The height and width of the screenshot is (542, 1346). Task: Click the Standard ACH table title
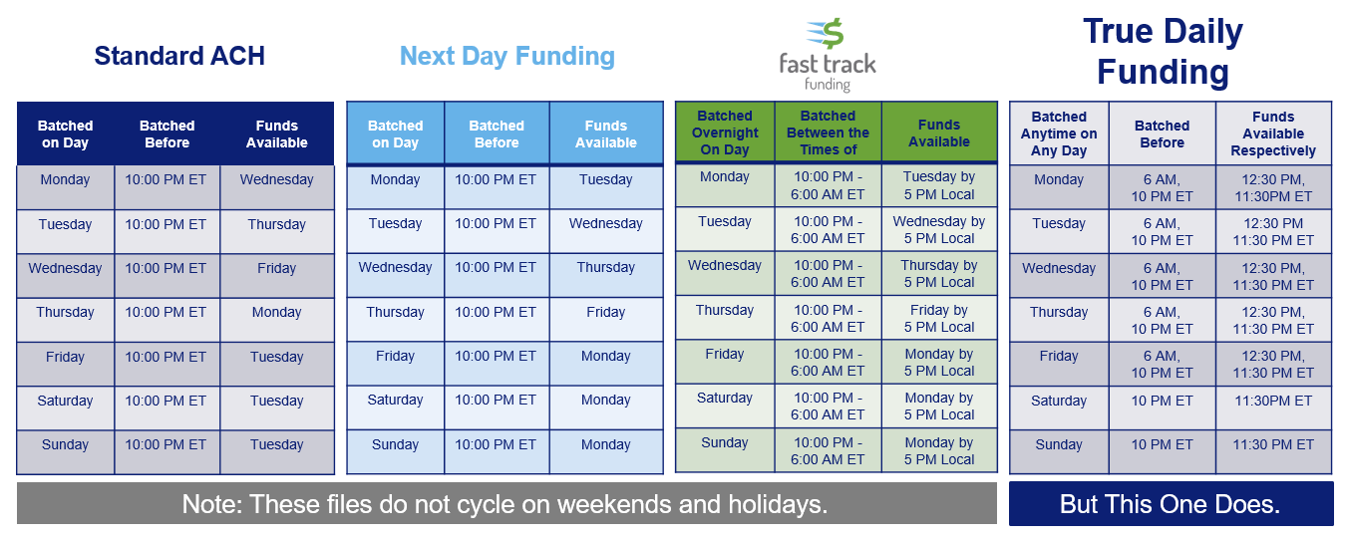[179, 56]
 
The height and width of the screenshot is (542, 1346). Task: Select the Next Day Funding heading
[507, 57]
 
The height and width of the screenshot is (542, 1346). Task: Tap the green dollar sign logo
[826, 33]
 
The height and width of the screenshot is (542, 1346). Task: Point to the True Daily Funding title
[1163, 52]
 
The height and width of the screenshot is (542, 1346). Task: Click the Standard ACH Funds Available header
[276, 134]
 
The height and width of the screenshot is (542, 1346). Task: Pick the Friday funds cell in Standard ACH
[276, 268]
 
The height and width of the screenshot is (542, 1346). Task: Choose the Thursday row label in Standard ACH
[65, 312]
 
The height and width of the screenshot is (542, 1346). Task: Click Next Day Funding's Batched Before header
[497, 134]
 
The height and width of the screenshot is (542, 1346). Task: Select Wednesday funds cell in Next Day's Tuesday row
[606, 223]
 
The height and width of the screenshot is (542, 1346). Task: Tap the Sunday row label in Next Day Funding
[395, 444]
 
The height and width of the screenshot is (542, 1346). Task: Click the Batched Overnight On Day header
[725, 133]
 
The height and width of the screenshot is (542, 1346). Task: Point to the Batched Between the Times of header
[828, 133]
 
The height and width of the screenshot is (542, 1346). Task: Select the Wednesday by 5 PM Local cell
[939, 230]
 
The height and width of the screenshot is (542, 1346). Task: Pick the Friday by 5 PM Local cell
[939, 319]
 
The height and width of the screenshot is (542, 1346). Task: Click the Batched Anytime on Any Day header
[1059, 134]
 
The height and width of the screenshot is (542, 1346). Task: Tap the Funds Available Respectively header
[1273, 134]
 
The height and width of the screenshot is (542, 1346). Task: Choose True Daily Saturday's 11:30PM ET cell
[1273, 401]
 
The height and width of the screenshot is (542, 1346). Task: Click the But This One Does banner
[1171, 504]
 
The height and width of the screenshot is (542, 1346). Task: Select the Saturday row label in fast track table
[725, 398]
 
